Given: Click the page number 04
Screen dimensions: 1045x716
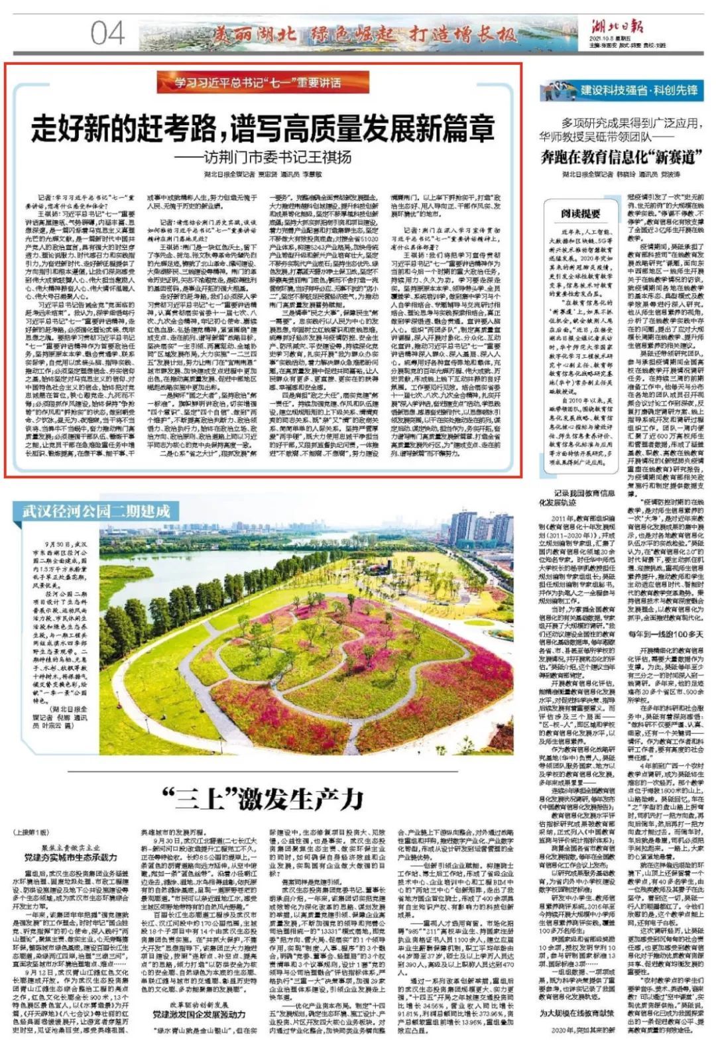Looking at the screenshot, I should (107, 32).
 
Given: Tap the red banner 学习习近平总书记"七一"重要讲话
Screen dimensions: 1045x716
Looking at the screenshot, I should (258, 83).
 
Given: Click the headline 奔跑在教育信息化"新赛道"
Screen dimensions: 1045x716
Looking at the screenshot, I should (621, 157).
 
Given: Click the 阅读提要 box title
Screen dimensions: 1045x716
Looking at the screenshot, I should (580, 214).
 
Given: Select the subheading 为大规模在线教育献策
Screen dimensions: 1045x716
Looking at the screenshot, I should (576, 1013).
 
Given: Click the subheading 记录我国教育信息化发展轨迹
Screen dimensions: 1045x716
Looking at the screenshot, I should (576, 498).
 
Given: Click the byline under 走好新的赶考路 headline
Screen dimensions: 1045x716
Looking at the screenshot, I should (263, 174).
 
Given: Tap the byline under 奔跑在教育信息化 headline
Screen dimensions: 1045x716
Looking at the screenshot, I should (621, 174).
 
